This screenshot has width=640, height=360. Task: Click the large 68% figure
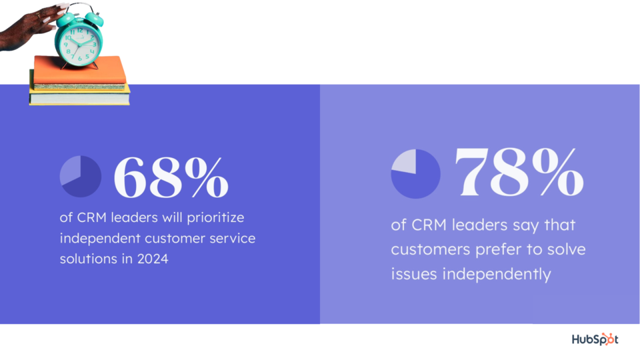pos(171,177)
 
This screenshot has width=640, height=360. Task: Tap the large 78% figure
pos(519,172)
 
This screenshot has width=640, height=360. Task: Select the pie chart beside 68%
pos(81,176)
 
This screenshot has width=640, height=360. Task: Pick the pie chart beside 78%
pos(415,174)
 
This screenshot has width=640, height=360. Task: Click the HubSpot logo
pos(595,339)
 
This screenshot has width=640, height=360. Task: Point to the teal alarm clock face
pos(79,43)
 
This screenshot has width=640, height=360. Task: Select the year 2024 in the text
pos(153,259)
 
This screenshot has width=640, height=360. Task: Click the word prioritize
pos(215,218)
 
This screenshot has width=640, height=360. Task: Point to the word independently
pos(497,274)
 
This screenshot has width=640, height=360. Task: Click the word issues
pos(413,274)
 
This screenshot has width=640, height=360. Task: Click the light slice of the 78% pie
pos(405,161)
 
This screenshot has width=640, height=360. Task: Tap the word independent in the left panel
pos(100,239)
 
